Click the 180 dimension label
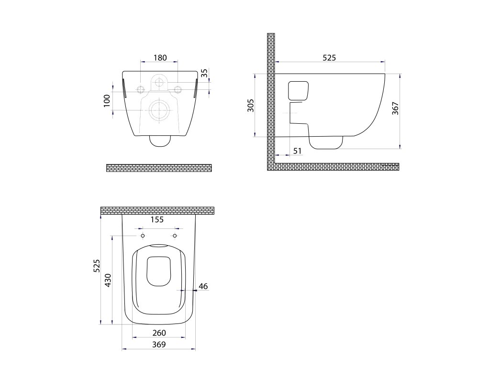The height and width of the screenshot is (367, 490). tap(160, 58)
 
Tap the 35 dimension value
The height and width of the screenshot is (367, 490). tap(204, 73)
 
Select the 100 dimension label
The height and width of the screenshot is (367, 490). tap(107, 100)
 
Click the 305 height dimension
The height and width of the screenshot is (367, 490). tap(250, 105)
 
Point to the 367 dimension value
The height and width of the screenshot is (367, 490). tap(395, 108)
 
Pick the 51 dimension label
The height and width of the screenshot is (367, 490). tap(298, 151)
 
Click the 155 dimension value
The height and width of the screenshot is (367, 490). tap(157, 220)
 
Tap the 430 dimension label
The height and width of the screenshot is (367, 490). tap(108, 280)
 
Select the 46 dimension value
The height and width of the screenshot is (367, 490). tap(203, 286)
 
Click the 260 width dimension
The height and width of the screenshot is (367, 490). tap(159, 333)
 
